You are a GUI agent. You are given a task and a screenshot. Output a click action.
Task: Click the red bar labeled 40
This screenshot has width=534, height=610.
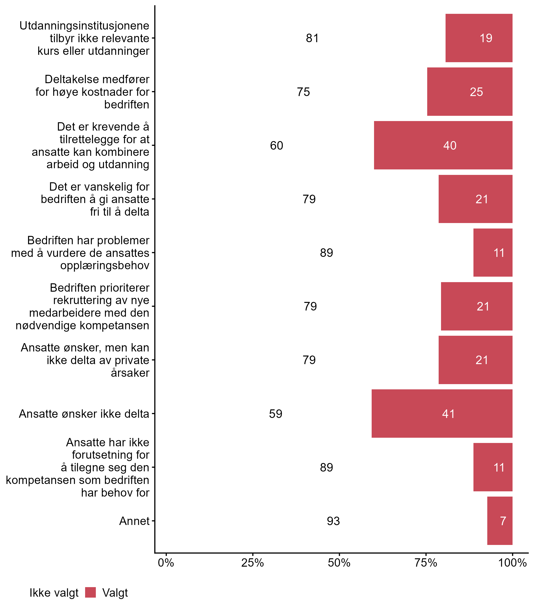coord(443,145)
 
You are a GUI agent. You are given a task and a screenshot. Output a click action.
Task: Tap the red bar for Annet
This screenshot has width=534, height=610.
coord(499,521)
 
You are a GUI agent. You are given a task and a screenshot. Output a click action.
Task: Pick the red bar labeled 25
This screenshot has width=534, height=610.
coord(470,92)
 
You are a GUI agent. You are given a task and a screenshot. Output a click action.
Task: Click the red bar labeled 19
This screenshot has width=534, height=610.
coord(479,38)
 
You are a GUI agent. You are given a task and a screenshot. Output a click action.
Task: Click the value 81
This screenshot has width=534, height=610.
coord(312,38)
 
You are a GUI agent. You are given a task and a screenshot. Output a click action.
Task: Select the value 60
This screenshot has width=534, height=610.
coord(276,146)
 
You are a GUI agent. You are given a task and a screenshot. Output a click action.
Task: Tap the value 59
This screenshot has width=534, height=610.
coord(275,414)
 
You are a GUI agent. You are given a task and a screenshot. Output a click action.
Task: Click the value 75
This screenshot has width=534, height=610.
coord(303,92)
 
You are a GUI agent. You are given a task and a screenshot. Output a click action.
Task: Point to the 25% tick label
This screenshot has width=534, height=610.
coord(252,563)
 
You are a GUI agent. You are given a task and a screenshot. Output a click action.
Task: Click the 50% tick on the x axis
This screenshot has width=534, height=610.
coord(339,563)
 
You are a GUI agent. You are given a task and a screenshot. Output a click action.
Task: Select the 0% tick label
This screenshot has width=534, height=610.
coord(166,563)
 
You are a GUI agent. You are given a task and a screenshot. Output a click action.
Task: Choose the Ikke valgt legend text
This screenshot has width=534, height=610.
coord(54,593)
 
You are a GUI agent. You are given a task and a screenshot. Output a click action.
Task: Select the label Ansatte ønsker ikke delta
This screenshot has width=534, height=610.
coord(84,414)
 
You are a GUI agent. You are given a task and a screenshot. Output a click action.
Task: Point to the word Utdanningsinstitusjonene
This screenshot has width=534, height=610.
coord(84,26)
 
